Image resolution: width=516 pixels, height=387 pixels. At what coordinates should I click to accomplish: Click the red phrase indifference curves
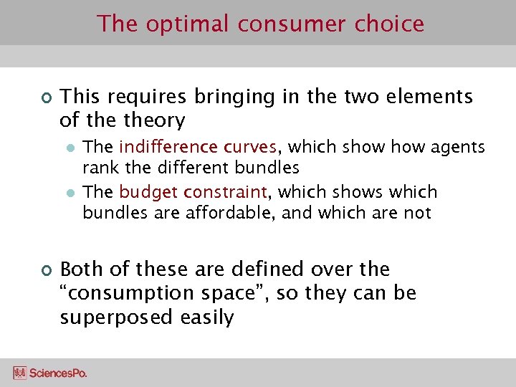pos(198,148)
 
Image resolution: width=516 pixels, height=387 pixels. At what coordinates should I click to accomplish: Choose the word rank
pos(99,168)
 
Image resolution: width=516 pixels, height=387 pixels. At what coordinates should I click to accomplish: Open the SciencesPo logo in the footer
pos(50,373)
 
